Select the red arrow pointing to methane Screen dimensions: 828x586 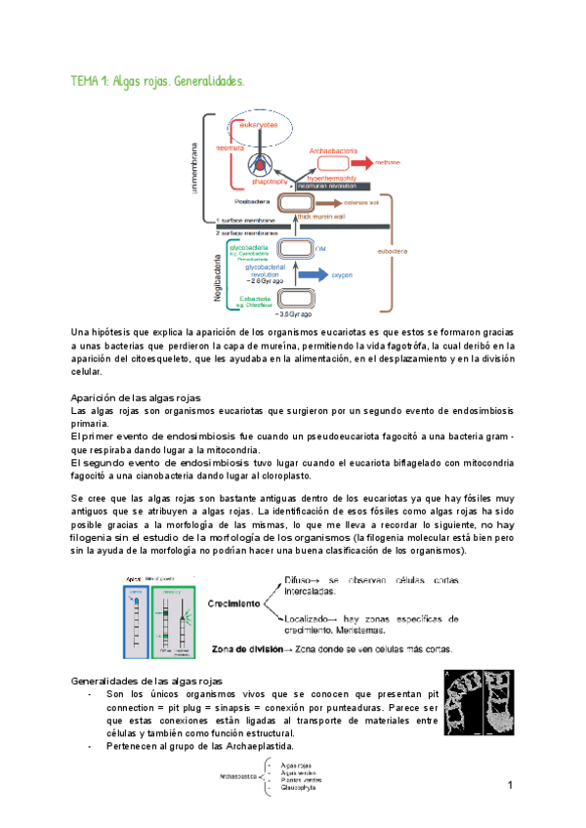361,162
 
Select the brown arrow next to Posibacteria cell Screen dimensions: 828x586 328,203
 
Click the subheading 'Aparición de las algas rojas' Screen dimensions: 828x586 135,398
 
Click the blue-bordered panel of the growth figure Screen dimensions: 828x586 135,616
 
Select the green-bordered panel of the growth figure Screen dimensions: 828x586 174,616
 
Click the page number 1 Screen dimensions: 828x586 511,786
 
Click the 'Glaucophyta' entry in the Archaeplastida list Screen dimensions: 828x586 297,788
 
